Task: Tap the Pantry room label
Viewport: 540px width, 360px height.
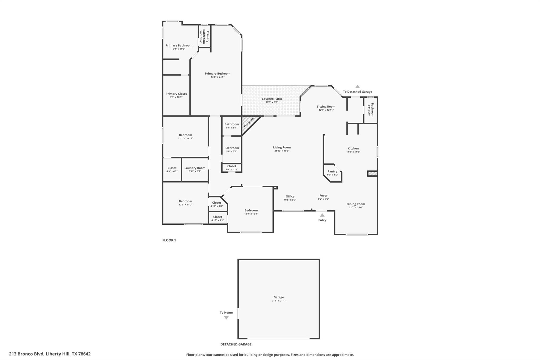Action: point(332,171)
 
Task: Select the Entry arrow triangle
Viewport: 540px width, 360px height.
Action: point(322,215)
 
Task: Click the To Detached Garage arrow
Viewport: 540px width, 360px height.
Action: point(358,87)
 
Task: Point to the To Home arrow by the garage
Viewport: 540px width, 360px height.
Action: point(226,318)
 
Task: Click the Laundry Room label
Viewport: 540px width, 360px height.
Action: point(195,168)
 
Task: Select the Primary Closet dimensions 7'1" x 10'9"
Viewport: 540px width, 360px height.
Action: point(176,97)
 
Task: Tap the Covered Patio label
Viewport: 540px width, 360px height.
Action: point(272,99)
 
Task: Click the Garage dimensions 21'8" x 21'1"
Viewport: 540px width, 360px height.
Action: point(279,301)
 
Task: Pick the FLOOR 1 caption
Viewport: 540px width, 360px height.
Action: point(169,240)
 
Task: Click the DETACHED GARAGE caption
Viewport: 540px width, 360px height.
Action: point(236,344)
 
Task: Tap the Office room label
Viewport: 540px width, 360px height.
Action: point(290,196)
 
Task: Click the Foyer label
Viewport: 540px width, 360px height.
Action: point(324,196)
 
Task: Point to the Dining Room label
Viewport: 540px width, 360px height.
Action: point(356,204)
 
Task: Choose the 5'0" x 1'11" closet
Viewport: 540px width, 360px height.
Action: point(232,168)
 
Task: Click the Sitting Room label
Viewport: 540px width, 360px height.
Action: point(326,107)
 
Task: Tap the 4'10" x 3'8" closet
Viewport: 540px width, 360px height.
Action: point(217,204)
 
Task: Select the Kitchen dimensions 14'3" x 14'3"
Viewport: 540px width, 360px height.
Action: point(353,152)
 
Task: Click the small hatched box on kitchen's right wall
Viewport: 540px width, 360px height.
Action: point(372,174)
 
